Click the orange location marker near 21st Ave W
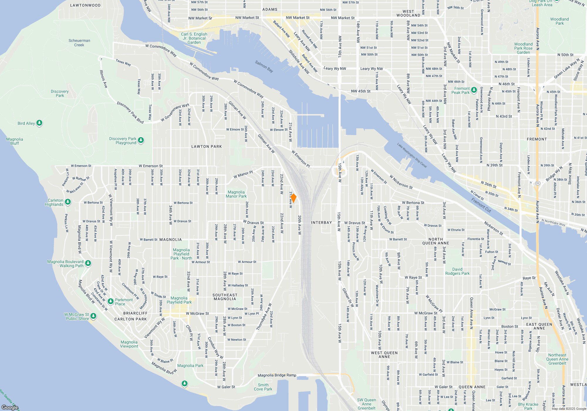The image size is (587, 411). [293, 198]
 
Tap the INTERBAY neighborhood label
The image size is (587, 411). [321, 223]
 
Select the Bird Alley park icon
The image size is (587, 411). [39, 123]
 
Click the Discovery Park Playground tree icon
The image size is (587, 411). [141, 140]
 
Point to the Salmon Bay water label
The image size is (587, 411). [264, 66]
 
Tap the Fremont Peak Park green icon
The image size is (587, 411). [474, 90]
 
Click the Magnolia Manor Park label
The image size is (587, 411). [236, 194]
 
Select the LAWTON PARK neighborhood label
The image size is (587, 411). [207, 146]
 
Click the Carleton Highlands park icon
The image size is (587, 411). [68, 202]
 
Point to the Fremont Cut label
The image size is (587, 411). [481, 205]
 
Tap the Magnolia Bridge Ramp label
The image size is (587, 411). [277, 375]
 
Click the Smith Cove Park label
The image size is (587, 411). [263, 387]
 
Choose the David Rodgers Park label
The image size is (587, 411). [457, 271]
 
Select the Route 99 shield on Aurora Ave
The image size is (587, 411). [537, 183]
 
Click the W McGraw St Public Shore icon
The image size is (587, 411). [93, 316]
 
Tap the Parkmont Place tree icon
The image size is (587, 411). [111, 301]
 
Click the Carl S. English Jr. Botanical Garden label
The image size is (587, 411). [194, 38]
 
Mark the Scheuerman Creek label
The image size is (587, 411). [79, 43]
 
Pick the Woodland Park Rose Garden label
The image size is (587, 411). [523, 48]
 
